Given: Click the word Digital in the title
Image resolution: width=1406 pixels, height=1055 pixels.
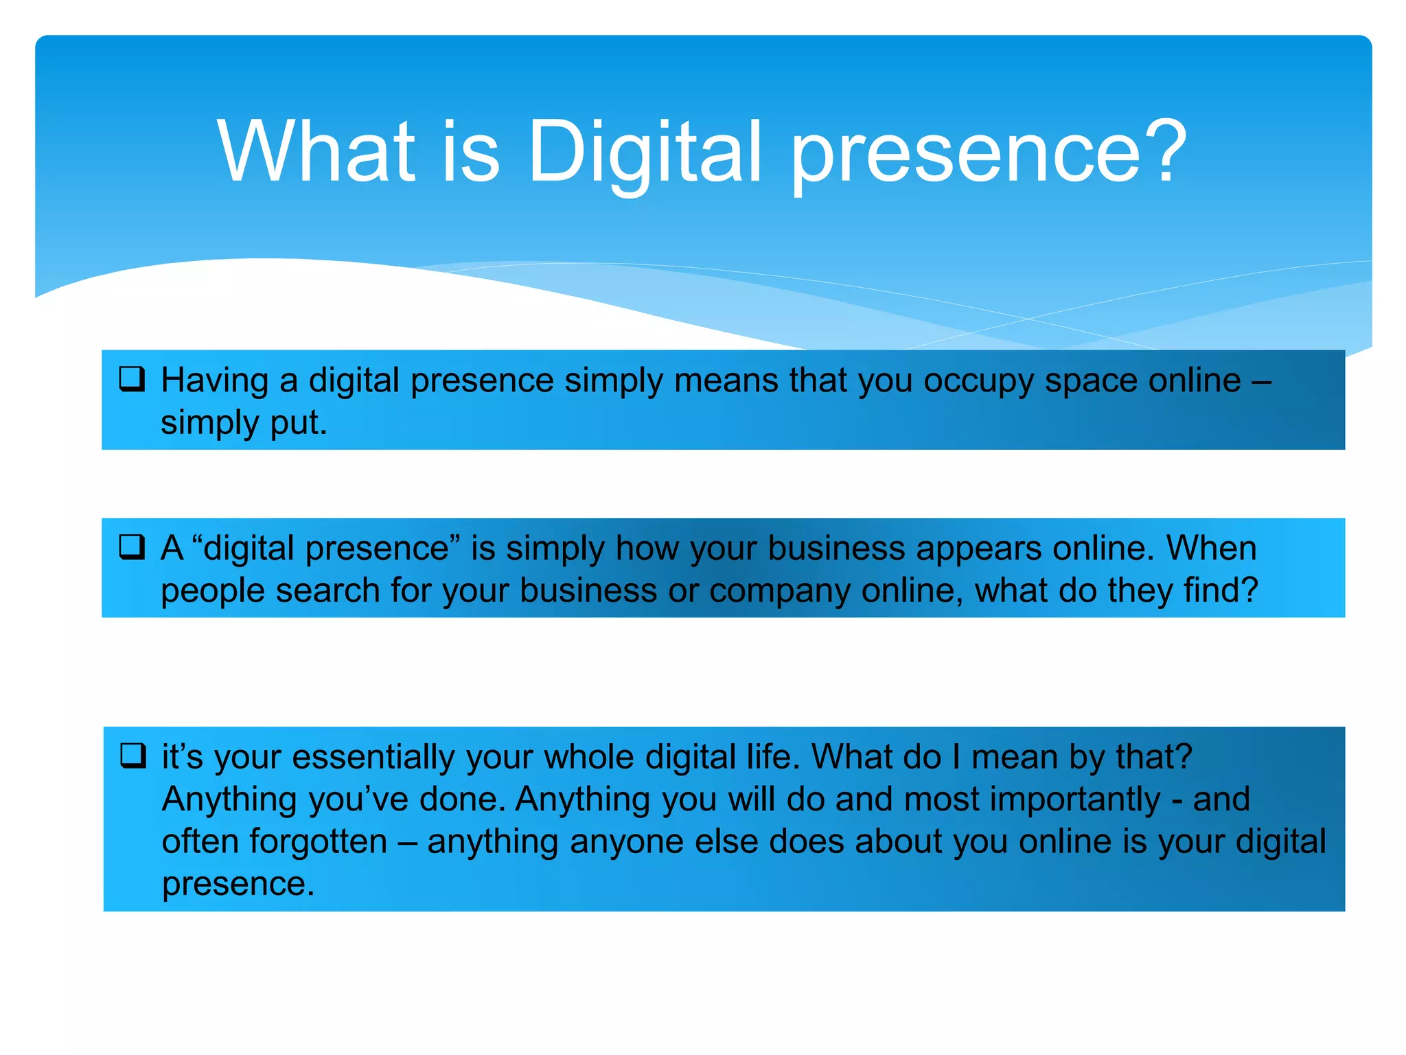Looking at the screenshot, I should point(645,152).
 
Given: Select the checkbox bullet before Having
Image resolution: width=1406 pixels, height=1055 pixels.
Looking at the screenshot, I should point(132,379).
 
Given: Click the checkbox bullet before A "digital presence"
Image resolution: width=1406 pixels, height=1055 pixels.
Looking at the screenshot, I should point(132,547).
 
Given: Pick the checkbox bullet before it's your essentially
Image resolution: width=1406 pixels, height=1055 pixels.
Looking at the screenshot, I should point(132,756).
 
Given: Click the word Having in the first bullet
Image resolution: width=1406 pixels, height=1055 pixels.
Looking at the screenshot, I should point(214,381).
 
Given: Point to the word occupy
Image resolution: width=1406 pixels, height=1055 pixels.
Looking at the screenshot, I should point(978,382).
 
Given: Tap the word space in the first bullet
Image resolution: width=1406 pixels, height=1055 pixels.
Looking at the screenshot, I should point(1091,382).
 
